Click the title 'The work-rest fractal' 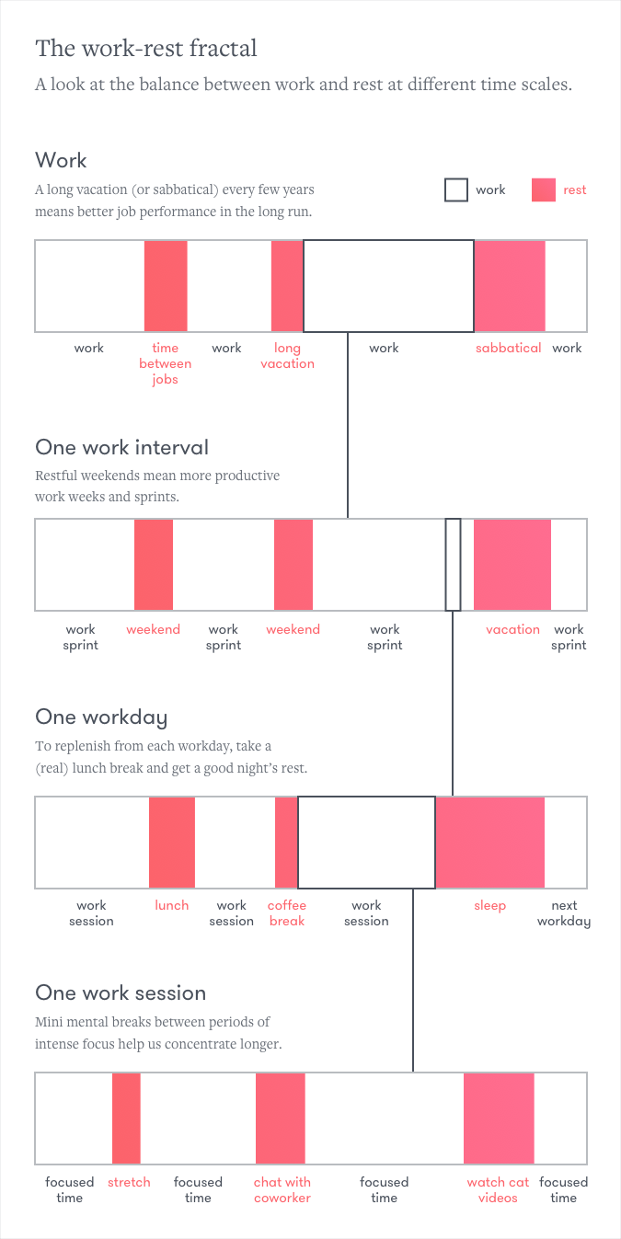click(x=146, y=48)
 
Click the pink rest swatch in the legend click(x=544, y=190)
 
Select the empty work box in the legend click(x=456, y=190)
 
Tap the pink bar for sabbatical click(x=510, y=286)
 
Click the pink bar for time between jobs click(x=166, y=286)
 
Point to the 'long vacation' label click(x=287, y=356)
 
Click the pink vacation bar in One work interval click(x=512, y=565)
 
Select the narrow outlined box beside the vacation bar click(x=453, y=565)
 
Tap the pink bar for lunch click(x=172, y=843)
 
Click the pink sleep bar click(x=489, y=843)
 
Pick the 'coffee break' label click(x=287, y=913)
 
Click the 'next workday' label click(x=564, y=913)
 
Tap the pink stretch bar click(x=127, y=1119)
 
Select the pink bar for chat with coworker click(x=281, y=1119)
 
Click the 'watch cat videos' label click(x=498, y=1190)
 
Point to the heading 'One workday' click(x=101, y=717)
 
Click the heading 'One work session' click(x=121, y=993)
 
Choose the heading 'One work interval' click(x=122, y=448)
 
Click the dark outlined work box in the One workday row click(x=366, y=843)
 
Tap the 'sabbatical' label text click(x=508, y=348)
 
